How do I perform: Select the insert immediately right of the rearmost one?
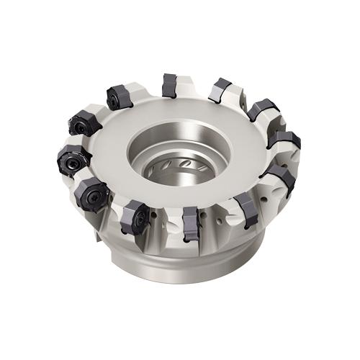[x=219, y=91]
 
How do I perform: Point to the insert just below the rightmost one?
[x=279, y=176]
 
